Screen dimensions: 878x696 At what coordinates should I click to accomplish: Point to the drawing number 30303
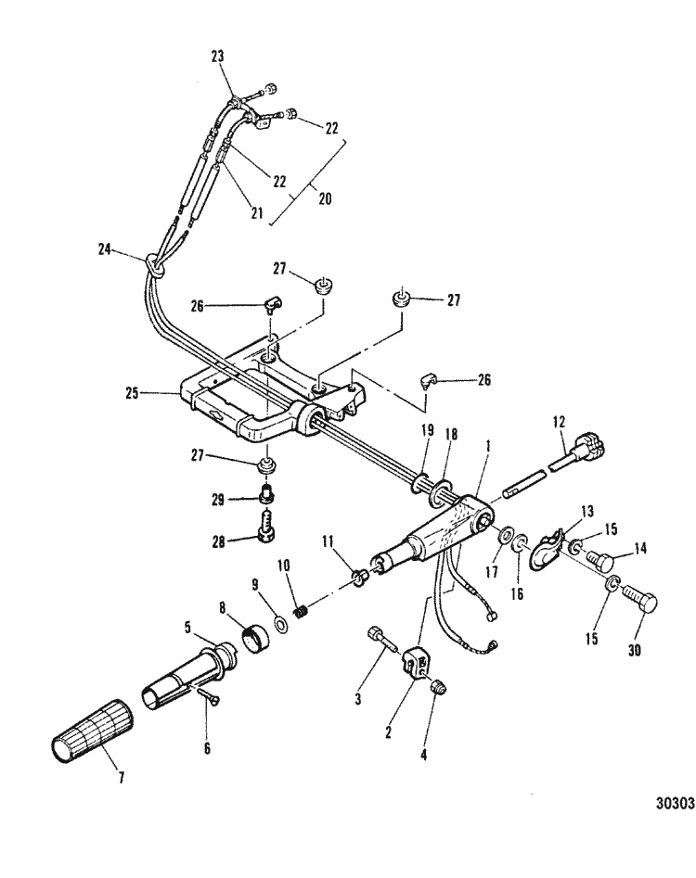(x=673, y=804)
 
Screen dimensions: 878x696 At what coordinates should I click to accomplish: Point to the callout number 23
(x=218, y=56)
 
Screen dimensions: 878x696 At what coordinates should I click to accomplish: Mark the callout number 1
(x=488, y=446)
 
